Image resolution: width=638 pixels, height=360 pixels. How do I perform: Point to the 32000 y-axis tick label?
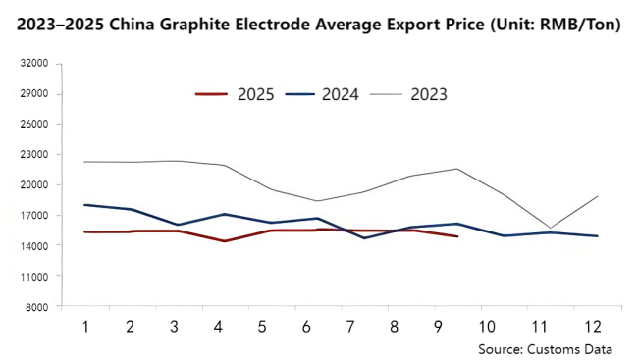(34, 64)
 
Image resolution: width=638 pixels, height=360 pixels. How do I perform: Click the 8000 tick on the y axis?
(37, 307)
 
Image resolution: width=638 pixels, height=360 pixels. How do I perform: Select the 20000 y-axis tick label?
(34, 185)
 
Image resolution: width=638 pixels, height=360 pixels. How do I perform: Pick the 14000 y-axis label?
(34, 246)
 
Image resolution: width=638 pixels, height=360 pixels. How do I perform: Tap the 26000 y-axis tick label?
(34, 125)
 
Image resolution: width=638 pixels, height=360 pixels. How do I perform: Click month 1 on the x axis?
(85, 326)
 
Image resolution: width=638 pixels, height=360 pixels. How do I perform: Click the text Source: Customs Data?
(545, 348)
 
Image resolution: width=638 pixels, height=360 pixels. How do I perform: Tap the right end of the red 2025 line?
(457, 236)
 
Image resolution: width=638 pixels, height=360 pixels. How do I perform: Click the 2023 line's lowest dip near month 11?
(550, 228)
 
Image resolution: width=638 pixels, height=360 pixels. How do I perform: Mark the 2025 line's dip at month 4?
(226, 241)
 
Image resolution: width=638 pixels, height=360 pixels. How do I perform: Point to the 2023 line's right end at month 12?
(598, 196)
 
